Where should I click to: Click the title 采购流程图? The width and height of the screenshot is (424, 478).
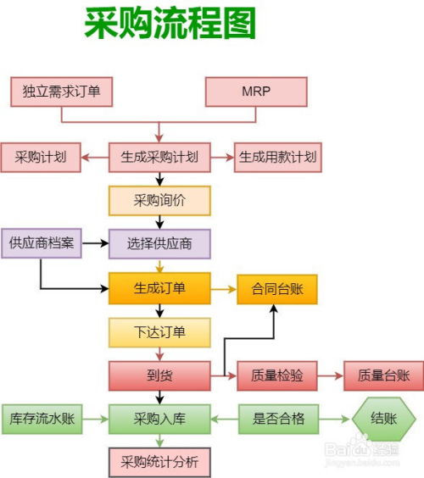point(170,25)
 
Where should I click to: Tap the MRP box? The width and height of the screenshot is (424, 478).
point(256,92)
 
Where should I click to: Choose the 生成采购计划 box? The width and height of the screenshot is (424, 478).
point(159,157)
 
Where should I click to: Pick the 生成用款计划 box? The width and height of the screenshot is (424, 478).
point(277,157)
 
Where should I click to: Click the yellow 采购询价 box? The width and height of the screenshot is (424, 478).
point(159,201)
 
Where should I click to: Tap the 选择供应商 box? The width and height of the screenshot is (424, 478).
point(159,244)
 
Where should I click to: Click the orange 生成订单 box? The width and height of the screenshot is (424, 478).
point(159,288)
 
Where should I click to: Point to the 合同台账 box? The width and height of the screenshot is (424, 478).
point(277,288)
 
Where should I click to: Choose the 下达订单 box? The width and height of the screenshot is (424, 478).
point(159,331)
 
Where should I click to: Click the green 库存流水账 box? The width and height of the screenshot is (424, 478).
point(42,419)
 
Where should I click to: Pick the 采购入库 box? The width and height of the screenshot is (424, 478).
point(159,419)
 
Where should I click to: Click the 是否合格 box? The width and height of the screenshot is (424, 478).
point(277,419)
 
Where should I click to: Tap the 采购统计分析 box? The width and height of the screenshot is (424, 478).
point(159,463)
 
